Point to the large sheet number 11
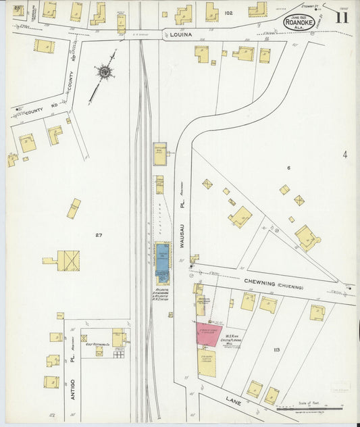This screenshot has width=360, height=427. click(341, 18)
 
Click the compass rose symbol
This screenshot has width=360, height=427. click(105, 71)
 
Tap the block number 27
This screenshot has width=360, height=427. click(99, 234)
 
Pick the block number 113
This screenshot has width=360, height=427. click(275, 350)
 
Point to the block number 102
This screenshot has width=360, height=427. click(229, 12)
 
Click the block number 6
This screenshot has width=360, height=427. click(288, 168)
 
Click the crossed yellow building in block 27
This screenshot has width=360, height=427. click(68, 260)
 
